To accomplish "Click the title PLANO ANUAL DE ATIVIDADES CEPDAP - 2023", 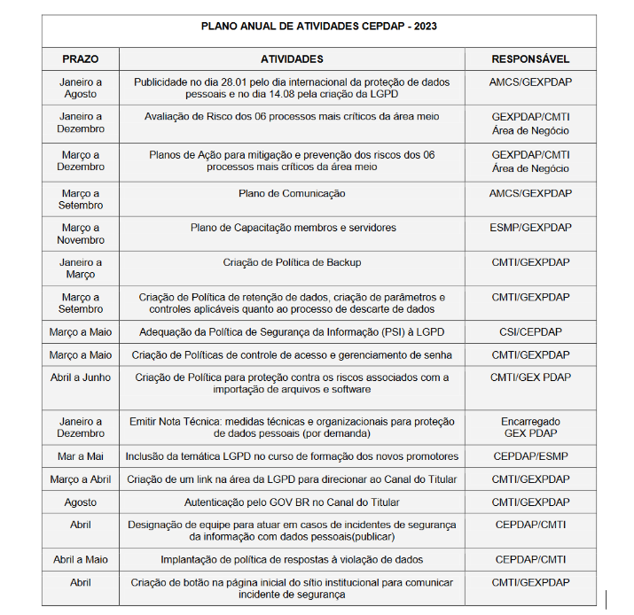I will tap(318, 27).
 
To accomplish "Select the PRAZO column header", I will tap(81, 59).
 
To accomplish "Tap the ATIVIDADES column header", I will tap(292, 59).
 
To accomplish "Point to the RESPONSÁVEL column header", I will tap(530, 59).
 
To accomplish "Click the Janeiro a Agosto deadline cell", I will tap(81, 88).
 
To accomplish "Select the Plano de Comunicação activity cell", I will tap(292, 193).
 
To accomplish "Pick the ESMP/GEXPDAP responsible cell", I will tap(530, 228).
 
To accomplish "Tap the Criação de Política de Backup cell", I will tap(292, 262).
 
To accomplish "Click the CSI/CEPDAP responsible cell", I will tap(530, 332).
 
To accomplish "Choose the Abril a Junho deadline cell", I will tap(81, 378).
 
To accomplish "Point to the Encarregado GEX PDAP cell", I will tap(530, 428).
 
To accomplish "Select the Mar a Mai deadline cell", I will tap(81, 456).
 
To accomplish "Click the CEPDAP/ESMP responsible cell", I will tap(530, 456).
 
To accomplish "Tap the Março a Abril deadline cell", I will tap(81, 479).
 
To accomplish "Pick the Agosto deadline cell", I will tap(81, 502).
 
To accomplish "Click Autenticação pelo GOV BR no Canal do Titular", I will tap(292, 502).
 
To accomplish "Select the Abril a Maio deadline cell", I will tap(81, 560).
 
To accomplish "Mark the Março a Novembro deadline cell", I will tap(81, 234).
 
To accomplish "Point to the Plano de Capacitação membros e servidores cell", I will tap(292, 228).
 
